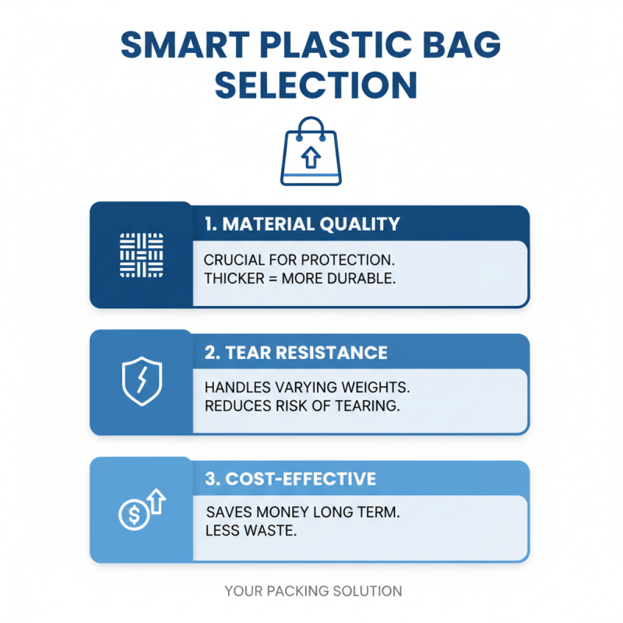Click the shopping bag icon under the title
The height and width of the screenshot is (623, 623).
(x=311, y=151)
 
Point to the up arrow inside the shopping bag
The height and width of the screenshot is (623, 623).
(x=311, y=159)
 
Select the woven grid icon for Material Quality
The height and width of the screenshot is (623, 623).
(x=141, y=255)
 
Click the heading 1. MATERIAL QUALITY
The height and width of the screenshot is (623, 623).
(x=302, y=224)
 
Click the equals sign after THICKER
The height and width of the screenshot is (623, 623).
(x=276, y=279)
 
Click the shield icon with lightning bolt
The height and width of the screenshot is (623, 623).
(x=141, y=382)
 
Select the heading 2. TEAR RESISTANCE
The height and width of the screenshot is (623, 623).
(x=296, y=352)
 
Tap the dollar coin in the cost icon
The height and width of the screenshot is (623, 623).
(x=132, y=515)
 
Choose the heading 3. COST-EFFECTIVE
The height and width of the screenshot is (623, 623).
(x=290, y=478)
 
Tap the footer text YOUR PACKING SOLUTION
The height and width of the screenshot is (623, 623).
(x=313, y=592)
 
